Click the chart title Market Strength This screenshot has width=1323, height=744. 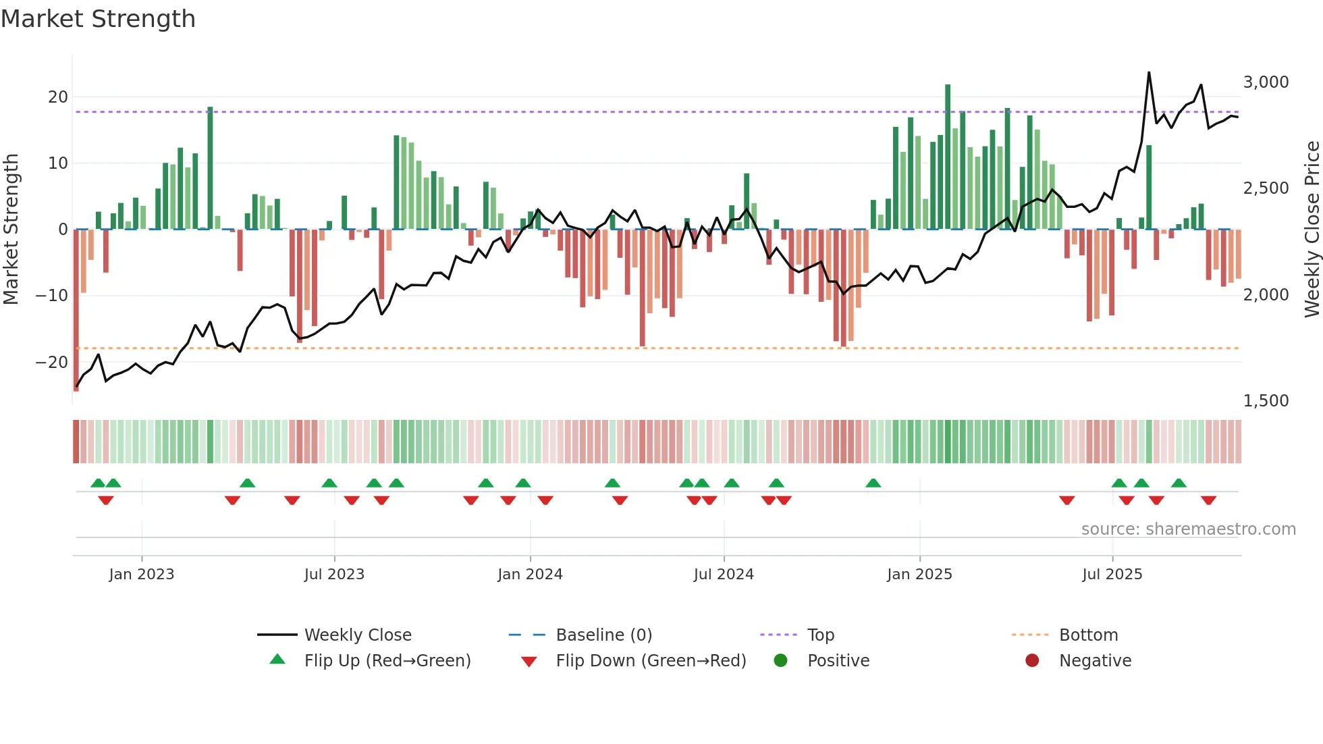click(x=98, y=19)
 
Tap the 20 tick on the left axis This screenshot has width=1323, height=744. click(x=58, y=97)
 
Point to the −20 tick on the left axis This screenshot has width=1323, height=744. click(x=53, y=363)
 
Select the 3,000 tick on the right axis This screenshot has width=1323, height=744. click(x=1266, y=82)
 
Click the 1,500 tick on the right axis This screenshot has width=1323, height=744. click(x=1266, y=401)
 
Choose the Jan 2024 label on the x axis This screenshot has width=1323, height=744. click(x=530, y=575)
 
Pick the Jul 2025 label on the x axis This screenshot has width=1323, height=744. click(x=1112, y=575)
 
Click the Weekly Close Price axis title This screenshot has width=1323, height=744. click(x=1312, y=229)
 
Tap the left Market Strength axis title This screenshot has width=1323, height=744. click(x=11, y=229)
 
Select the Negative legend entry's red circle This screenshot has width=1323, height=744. click(x=1032, y=661)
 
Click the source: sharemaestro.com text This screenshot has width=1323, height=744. click(x=1188, y=529)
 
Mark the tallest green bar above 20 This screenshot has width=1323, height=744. click(x=948, y=155)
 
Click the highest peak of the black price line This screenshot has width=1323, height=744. click(x=1149, y=73)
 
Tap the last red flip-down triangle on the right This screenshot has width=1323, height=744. click(x=1208, y=500)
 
